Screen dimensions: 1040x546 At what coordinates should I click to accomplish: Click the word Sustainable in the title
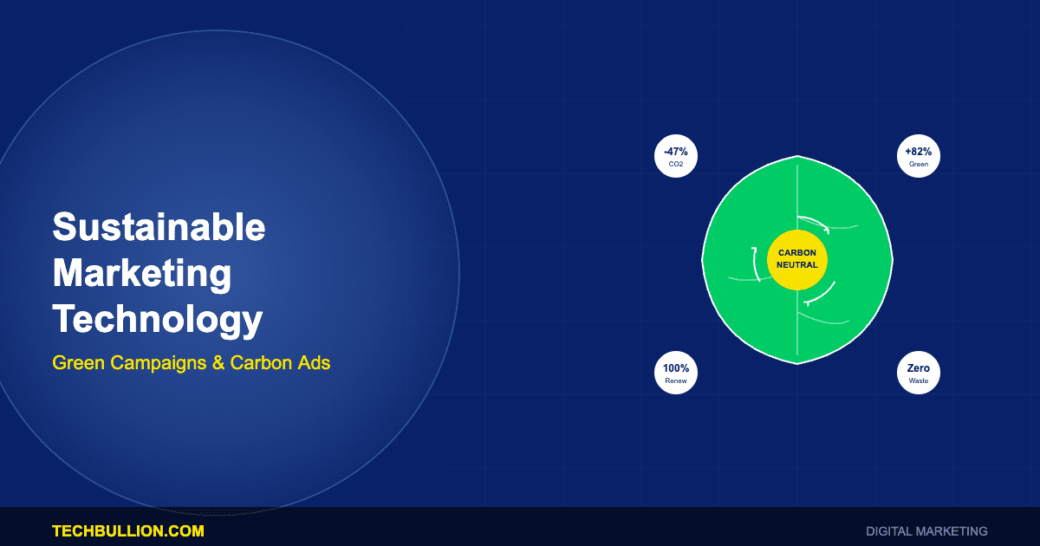(x=159, y=226)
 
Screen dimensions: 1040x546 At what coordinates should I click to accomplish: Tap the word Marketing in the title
(x=142, y=274)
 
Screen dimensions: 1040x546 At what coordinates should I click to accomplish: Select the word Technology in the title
(x=158, y=321)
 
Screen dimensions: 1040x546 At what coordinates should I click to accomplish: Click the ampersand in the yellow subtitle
(x=218, y=362)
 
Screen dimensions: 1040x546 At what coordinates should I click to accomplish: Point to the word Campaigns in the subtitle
(x=159, y=363)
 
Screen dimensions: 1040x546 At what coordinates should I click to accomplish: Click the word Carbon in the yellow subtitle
(x=261, y=362)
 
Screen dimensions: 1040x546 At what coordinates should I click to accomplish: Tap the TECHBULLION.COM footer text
(x=128, y=531)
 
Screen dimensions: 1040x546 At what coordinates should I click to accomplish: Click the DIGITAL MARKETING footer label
(x=926, y=531)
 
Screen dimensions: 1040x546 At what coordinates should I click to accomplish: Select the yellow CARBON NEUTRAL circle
(x=797, y=259)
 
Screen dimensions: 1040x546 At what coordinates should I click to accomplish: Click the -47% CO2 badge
(x=676, y=156)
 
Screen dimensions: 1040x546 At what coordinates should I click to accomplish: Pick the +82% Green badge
(x=919, y=156)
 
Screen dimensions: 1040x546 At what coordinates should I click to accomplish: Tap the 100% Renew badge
(x=676, y=373)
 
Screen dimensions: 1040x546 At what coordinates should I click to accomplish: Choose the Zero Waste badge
(x=919, y=373)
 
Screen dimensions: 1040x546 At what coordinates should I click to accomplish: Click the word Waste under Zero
(x=919, y=380)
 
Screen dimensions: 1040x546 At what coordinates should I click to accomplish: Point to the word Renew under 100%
(x=676, y=380)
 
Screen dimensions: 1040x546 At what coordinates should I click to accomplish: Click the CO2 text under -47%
(x=676, y=164)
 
